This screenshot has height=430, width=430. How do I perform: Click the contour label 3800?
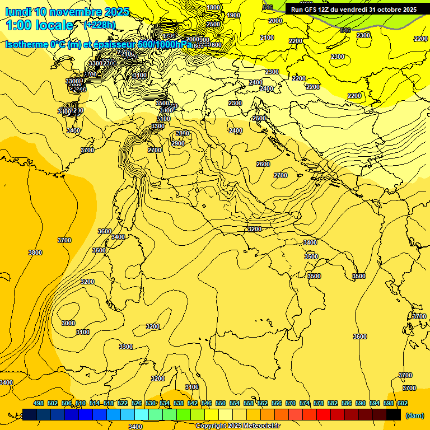35,253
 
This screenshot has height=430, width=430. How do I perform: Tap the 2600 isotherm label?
263,164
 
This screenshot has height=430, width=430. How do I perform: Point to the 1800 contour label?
213,7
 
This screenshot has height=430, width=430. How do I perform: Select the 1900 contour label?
233,15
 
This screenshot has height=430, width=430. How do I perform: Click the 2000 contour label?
275,21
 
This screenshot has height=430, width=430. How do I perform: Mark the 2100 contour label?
267,38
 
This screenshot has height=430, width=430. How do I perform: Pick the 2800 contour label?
183,133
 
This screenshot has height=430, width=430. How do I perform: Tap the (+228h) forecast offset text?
100,25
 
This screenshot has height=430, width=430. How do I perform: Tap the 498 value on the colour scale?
39,403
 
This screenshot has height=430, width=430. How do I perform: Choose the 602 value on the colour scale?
403,403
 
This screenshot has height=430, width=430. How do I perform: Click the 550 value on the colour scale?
221,403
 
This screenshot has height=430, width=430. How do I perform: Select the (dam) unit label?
414,415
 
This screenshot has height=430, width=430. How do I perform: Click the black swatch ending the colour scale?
394,415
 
